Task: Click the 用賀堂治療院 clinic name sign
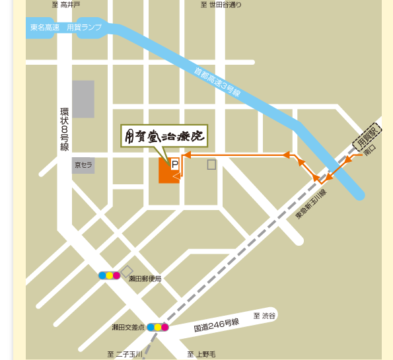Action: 164,135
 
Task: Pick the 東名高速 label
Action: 45,27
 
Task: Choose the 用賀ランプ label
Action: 83,27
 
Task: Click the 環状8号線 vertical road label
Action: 64,129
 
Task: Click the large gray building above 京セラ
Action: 83,99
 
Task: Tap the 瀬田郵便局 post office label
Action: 145,279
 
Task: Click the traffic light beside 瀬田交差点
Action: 158,327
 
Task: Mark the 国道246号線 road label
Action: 216,324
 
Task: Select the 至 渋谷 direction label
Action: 264,316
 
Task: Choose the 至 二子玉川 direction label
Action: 125,355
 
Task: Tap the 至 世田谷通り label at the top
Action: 221,5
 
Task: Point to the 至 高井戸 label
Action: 66,5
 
